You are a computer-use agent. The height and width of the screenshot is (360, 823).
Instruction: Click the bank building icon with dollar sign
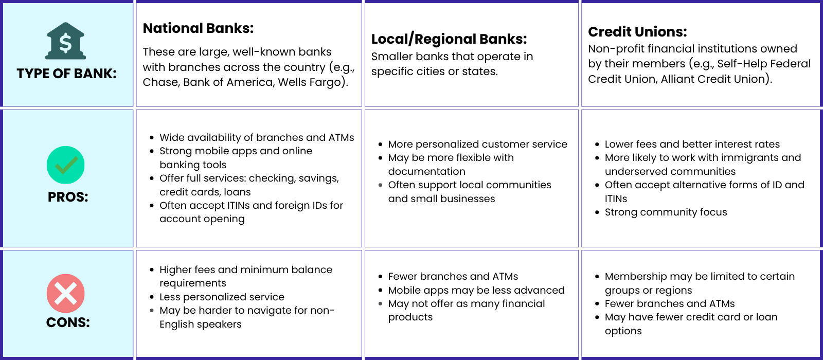coord(66,41)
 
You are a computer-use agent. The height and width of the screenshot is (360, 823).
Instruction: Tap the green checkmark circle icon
coord(65,165)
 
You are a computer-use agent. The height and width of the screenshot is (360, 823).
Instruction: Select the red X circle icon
coord(65,293)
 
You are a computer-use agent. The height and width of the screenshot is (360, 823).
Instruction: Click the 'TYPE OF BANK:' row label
coord(66,74)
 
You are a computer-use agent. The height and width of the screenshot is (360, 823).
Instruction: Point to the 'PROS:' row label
coord(68,197)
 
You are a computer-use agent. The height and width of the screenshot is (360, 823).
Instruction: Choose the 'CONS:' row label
coord(68,322)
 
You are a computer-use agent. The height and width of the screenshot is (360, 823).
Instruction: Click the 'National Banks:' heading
coord(198,28)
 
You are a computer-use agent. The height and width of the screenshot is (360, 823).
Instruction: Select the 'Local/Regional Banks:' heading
coord(449,39)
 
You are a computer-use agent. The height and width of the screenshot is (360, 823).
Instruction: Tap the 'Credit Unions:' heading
coord(637,32)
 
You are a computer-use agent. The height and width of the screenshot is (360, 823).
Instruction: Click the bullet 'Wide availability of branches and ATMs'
coord(257,137)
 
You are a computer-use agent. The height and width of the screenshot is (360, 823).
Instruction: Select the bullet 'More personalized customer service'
coord(477,144)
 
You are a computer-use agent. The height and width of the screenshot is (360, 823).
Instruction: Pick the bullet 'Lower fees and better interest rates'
coord(692,144)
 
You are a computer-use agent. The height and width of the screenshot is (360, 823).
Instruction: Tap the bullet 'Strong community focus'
coord(666,212)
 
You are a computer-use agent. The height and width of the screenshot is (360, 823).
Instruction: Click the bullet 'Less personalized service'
coord(222,297)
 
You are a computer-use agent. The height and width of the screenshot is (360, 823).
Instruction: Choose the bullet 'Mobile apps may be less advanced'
coord(476,290)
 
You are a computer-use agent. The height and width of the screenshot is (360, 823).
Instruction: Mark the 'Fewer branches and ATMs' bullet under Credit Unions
coord(669,303)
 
